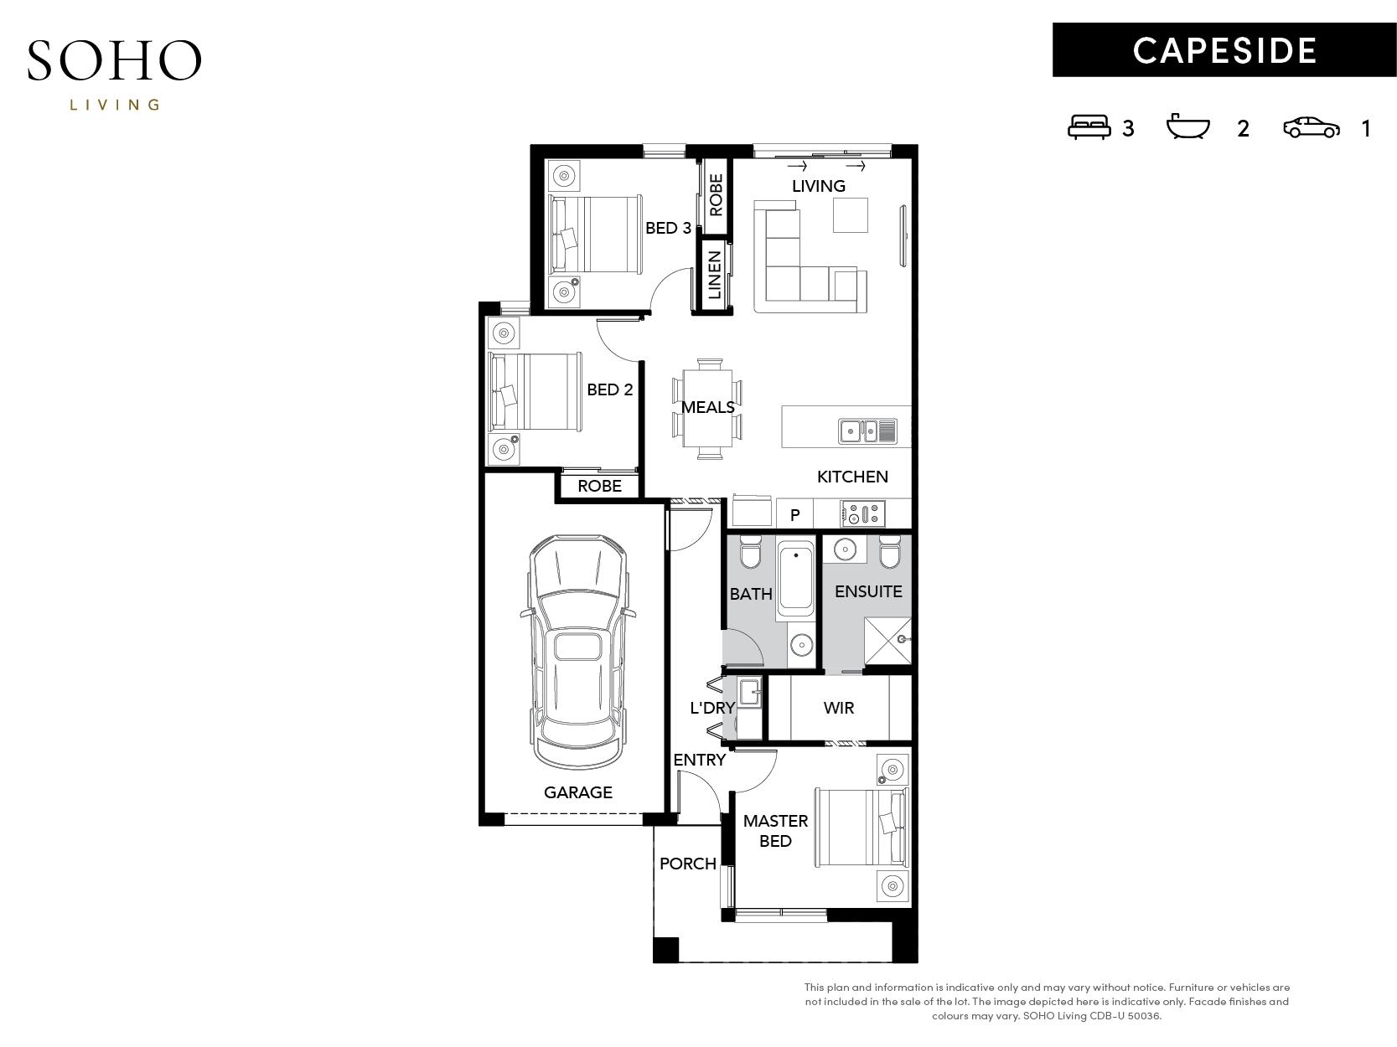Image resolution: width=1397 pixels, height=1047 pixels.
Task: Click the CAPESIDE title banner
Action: click(x=1224, y=50)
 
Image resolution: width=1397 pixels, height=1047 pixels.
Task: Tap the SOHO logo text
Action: click(x=114, y=61)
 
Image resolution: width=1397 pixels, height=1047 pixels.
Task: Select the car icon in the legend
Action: click(x=1311, y=128)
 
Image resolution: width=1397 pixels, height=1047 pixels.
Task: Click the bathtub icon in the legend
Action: click(x=1187, y=126)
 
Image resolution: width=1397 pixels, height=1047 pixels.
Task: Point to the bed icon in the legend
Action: click(x=1089, y=127)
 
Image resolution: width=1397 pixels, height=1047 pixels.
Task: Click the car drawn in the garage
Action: click(x=577, y=652)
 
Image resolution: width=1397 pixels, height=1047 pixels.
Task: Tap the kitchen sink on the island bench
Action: click(x=867, y=431)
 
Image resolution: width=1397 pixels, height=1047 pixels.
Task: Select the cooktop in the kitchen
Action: click(x=862, y=514)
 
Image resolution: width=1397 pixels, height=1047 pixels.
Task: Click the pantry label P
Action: click(x=795, y=515)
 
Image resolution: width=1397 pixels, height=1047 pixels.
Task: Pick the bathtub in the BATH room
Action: click(x=795, y=578)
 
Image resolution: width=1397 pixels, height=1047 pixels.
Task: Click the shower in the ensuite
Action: click(x=887, y=640)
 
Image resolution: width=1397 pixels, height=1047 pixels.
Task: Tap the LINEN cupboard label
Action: click(x=714, y=275)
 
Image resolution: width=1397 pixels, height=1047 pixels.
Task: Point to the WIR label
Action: click(x=838, y=708)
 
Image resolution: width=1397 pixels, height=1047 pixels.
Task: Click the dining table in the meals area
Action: click(x=707, y=409)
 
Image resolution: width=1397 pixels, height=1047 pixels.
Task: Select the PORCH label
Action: click(x=687, y=864)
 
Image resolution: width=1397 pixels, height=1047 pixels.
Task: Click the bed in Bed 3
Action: click(x=595, y=234)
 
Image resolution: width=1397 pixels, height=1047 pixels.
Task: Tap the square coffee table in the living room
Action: click(x=851, y=215)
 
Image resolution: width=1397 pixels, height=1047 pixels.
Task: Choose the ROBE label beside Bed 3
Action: click(x=716, y=195)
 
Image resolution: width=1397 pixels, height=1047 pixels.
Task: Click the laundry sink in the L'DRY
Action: click(x=749, y=693)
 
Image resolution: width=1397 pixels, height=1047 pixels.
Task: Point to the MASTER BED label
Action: click(x=775, y=831)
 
